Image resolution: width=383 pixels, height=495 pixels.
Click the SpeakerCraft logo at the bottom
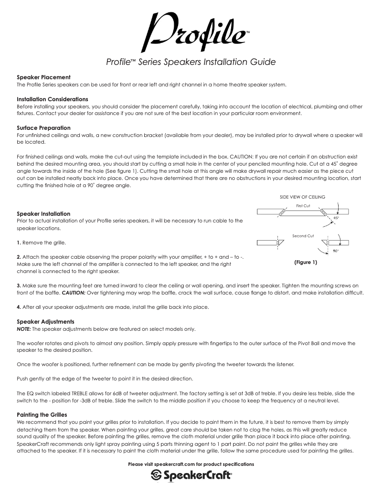pyautogui.click(x=191, y=475)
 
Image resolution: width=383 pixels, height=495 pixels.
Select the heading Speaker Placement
pyautogui.click(x=44, y=77)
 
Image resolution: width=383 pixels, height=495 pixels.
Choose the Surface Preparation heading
pyautogui.click(x=43, y=128)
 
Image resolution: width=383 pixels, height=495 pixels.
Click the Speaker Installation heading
pyautogui.click(x=43, y=213)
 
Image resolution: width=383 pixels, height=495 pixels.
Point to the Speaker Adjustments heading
pyautogui.click(x=45, y=322)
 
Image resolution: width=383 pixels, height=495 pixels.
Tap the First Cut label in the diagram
pyautogui.click(x=303, y=206)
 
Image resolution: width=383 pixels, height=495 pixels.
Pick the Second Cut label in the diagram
pyautogui.click(x=303, y=236)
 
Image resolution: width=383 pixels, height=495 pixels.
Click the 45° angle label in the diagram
pyautogui.click(x=336, y=218)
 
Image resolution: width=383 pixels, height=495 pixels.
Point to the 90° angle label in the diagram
pyautogui.click(x=336, y=250)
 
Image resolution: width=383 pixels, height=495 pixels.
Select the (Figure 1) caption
pyautogui.click(x=305, y=262)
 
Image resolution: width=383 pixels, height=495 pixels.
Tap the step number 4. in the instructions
pyautogui.click(x=19, y=306)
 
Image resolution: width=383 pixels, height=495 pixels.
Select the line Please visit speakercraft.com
pyautogui.click(x=191, y=464)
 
